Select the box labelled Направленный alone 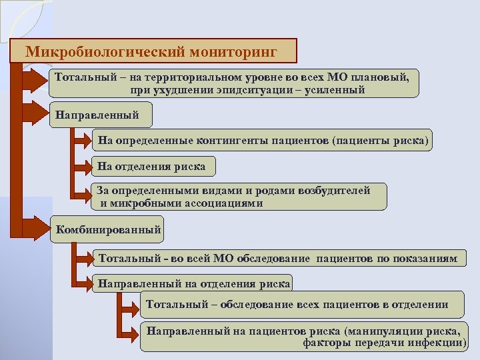pos(99,115)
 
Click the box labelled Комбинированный pos(108,230)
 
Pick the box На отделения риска pos(152,166)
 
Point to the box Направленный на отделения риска pos(193,283)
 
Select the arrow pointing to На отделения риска pos(84,165)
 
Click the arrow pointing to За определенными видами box pos(84,194)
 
